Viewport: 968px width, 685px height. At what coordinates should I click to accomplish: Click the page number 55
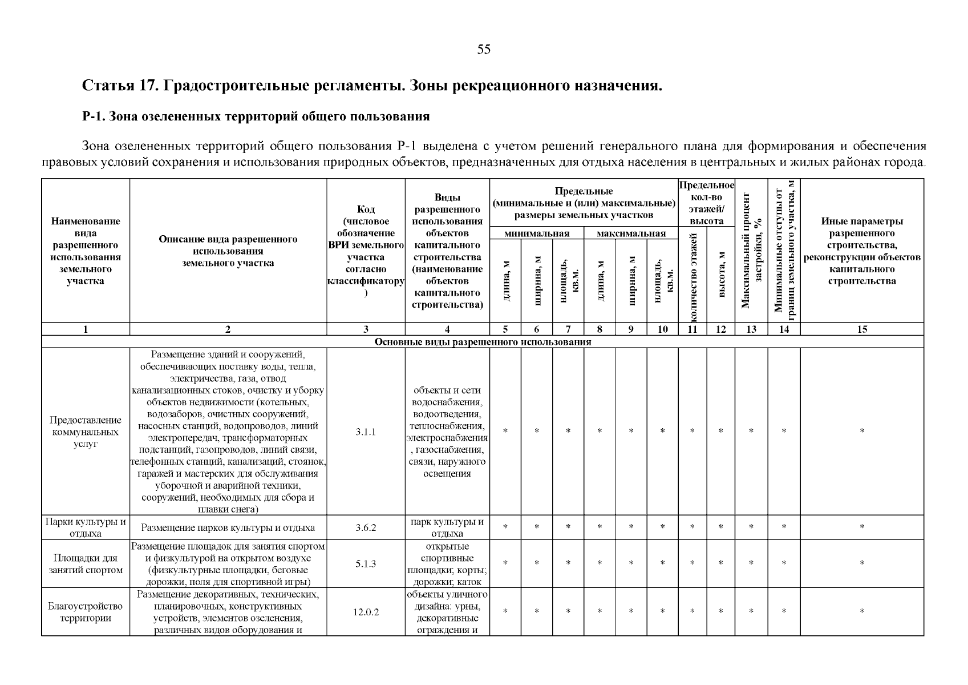coord(484,50)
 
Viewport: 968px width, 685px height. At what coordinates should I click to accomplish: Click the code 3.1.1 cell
coord(366,432)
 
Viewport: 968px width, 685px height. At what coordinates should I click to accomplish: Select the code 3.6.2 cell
coord(366,527)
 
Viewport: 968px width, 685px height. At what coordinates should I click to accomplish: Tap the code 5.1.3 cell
coord(366,564)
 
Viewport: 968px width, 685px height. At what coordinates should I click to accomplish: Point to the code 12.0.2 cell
coord(366,612)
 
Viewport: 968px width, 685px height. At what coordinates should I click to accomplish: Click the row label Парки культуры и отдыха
coord(86,527)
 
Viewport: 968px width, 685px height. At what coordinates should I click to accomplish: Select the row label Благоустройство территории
coord(86,612)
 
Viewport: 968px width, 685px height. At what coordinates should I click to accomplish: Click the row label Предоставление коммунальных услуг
coord(86,432)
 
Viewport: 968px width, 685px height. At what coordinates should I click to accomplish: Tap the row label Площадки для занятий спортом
coord(86,564)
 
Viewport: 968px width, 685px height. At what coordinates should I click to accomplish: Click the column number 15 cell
coord(862,329)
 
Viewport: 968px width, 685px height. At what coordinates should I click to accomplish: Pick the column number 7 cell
coord(568,329)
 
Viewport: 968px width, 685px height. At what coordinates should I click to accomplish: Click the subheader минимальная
coord(537,233)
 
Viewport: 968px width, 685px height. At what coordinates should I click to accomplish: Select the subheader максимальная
coord(631,233)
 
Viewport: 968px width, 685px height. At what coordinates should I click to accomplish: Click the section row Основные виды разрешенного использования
coord(483,342)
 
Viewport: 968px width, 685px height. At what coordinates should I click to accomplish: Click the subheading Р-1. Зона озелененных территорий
coord(256,117)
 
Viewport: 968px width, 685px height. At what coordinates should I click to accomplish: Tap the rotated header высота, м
coord(721,275)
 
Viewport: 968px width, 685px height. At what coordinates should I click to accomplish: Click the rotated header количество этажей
coord(693,275)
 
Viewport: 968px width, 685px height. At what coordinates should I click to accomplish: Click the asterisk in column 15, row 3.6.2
coord(862,527)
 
